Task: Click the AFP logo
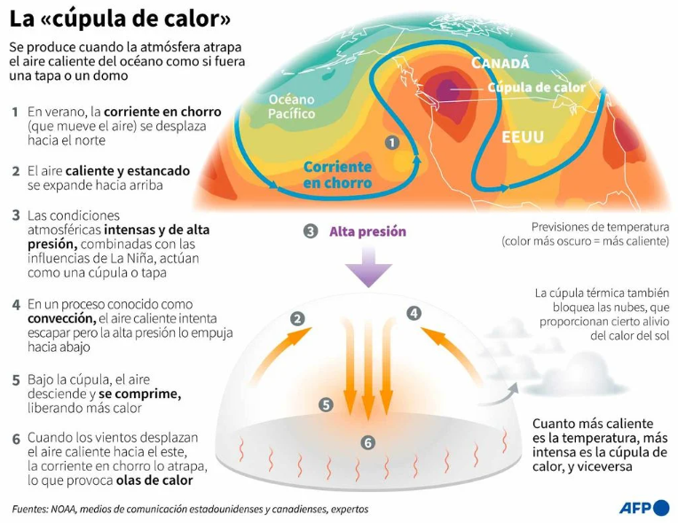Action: (644, 508)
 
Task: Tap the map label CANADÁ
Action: (501, 63)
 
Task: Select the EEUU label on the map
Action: (523, 137)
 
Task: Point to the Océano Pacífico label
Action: (291, 106)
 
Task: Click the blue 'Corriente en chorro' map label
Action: (337, 175)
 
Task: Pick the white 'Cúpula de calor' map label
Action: (537, 88)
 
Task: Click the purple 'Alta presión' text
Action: (367, 231)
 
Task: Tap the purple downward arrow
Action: (368, 267)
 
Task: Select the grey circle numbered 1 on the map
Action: (391, 143)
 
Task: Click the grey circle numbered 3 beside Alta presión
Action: (311, 231)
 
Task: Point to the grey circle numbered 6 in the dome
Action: (368, 442)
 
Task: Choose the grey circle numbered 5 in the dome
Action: (326, 405)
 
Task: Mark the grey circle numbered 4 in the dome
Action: (414, 313)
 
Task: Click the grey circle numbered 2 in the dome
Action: (297, 319)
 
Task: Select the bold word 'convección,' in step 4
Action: (62, 319)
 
